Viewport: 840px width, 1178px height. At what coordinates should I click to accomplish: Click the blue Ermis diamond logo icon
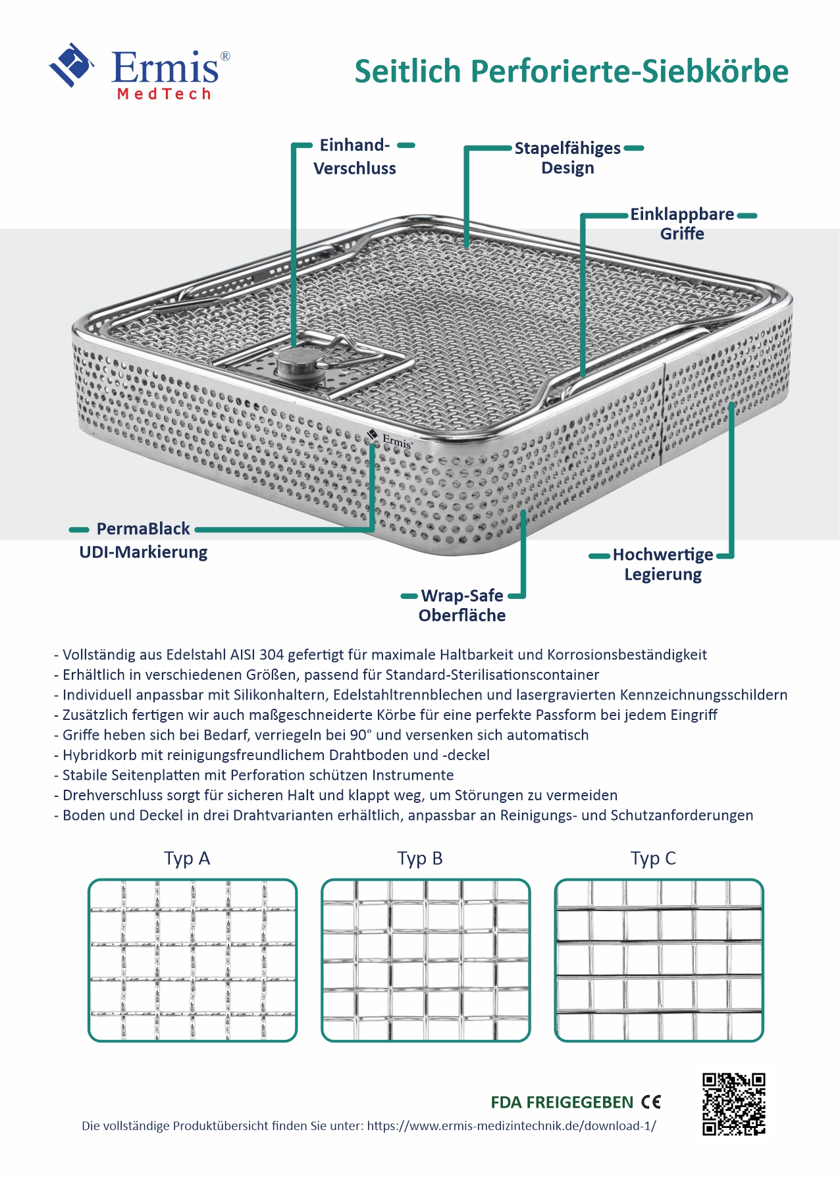pyautogui.click(x=70, y=64)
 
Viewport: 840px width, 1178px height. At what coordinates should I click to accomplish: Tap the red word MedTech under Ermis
pyautogui.click(x=164, y=94)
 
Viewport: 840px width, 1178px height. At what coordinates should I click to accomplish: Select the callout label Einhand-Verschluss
pyautogui.click(x=355, y=157)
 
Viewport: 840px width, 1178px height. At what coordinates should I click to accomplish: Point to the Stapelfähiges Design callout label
pyautogui.click(x=567, y=158)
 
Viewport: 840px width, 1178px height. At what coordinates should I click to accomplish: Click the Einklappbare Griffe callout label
pyautogui.click(x=682, y=224)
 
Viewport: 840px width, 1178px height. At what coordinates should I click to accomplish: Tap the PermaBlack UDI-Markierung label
pyautogui.click(x=144, y=540)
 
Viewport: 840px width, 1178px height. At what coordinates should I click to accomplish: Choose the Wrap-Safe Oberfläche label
pyautogui.click(x=462, y=605)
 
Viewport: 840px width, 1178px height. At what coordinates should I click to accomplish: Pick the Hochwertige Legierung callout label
pyautogui.click(x=663, y=564)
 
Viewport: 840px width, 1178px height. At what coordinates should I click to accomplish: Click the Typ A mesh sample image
pyautogui.click(x=192, y=961)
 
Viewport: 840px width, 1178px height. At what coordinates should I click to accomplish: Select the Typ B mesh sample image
pyautogui.click(x=425, y=961)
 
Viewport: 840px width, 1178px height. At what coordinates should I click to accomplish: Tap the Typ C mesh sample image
pyautogui.click(x=658, y=961)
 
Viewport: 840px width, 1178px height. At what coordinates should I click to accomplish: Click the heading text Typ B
pyautogui.click(x=420, y=859)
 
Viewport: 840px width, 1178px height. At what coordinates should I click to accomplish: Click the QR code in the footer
pyautogui.click(x=733, y=1104)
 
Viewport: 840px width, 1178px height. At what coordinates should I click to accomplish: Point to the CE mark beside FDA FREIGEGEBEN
pyautogui.click(x=651, y=1102)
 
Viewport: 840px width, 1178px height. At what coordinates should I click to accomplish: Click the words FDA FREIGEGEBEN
pyautogui.click(x=562, y=1102)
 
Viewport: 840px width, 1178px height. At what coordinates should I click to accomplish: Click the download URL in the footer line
pyautogui.click(x=512, y=1126)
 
